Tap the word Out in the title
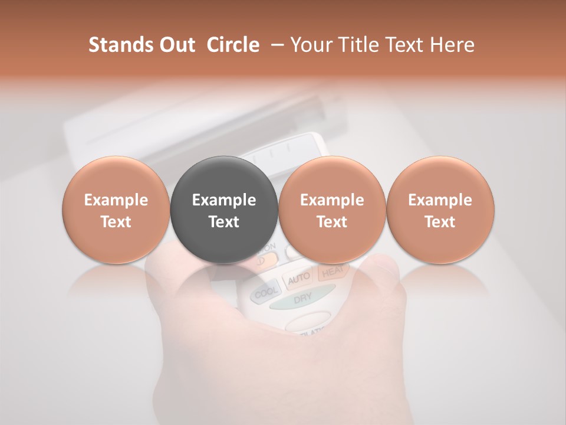pyautogui.click(x=176, y=45)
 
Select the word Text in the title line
pyautogui.click(x=404, y=45)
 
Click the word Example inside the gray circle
pyautogui.click(x=223, y=200)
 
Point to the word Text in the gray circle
pyautogui.click(x=223, y=222)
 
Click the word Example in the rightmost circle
pyautogui.click(x=440, y=200)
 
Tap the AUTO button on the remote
pyautogui.click(x=300, y=279)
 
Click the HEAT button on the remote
pyautogui.click(x=332, y=271)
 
